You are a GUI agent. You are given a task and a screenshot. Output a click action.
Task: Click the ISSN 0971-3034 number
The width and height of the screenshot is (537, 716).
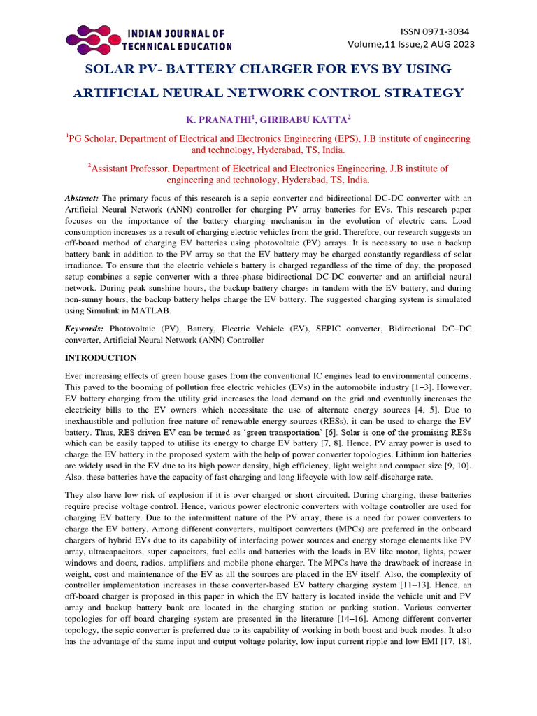point(434,31)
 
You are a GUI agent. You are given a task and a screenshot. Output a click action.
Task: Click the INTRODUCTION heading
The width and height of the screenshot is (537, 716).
point(101,357)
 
